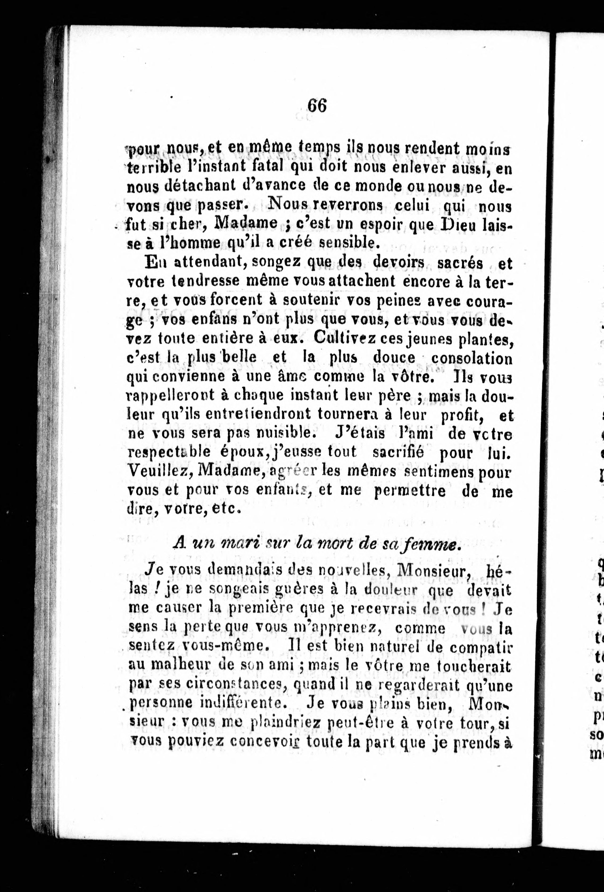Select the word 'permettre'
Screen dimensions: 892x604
410,491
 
